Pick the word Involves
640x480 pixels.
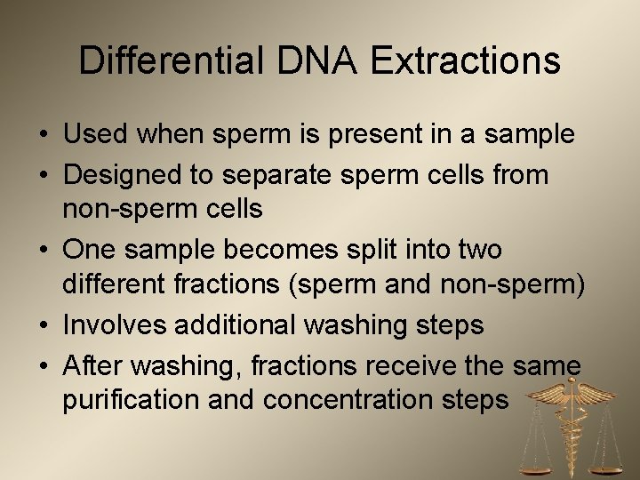(117, 326)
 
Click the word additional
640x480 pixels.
(239, 326)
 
